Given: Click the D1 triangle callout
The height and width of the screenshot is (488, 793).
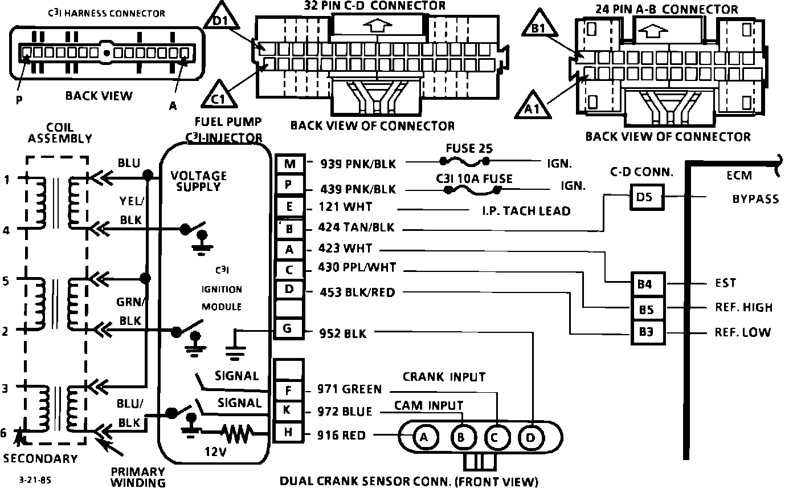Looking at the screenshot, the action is pyautogui.click(x=221, y=18).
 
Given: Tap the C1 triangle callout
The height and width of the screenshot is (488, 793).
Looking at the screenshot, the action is pyautogui.click(x=219, y=96).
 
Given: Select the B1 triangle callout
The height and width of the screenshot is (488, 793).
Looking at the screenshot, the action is pyautogui.click(x=539, y=25).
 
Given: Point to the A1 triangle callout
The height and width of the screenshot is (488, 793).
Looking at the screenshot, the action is pyautogui.click(x=533, y=106).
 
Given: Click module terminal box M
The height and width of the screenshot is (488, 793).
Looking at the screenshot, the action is pyautogui.click(x=290, y=164).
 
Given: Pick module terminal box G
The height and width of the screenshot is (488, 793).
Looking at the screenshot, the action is pyautogui.click(x=288, y=328).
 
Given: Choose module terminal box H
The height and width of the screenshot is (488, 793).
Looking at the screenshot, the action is pyautogui.click(x=288, y=432).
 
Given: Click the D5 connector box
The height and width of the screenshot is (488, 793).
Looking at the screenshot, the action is pyautogui.click(x=647, y=197).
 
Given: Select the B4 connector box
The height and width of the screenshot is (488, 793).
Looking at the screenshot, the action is pyautogui.click(x=648, y=284).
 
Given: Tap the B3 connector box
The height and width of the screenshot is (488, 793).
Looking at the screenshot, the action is pyautogui.click(x=648, y=332).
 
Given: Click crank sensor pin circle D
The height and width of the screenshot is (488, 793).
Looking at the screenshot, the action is pyautogui.click(x=530, y=438).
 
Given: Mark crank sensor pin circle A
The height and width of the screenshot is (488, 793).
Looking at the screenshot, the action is pyautogui.click(x=424, y=437).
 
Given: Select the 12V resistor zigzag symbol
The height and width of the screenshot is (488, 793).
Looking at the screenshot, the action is pyautogui.click(x=236, y=433).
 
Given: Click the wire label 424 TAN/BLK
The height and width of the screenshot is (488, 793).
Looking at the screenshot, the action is pyautogui.click(x=356, y=227).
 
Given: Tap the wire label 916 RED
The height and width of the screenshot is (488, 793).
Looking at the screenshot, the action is pyautogui.click(x=341, y=435).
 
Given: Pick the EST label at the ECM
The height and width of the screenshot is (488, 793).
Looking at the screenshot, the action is pyautogui.click(x=725, y=283).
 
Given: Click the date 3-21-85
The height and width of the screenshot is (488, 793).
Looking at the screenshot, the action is pyautogui.click(x=35, y=480).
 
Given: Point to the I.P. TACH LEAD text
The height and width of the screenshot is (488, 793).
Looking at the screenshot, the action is pyautogui.click(x=526, y=211).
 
